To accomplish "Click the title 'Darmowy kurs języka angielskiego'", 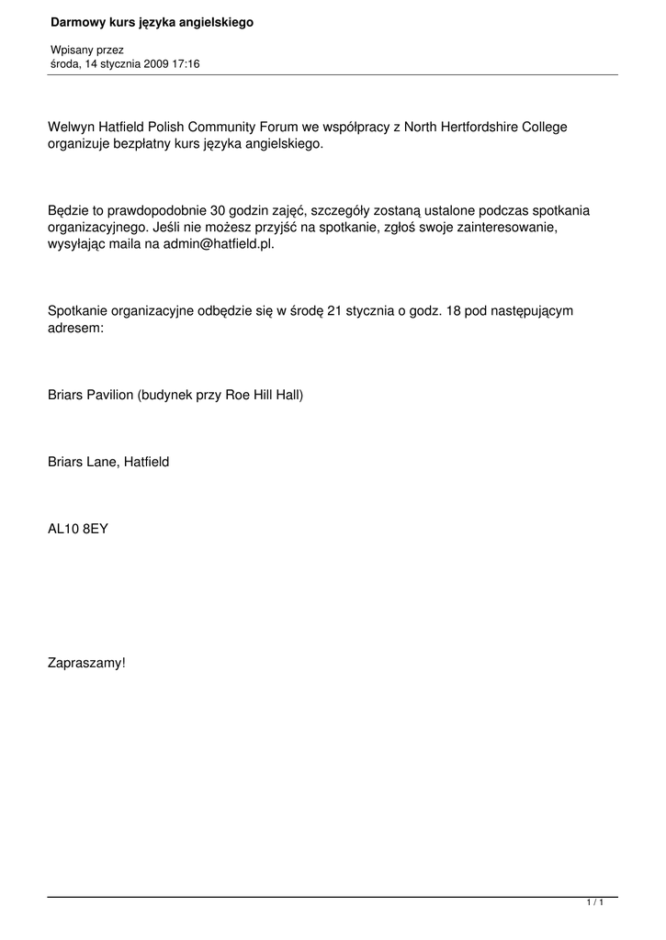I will pyautogui.click(x=152, y=22).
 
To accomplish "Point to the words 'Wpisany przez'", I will pyautogui.click(x=87, y=50).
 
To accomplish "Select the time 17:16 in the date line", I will pyautogui.click(x=185, y=64).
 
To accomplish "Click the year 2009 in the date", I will pyautogui.click(x=155, y=64).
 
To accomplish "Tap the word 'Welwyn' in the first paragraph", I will pyautogui.click(x=70, y=127).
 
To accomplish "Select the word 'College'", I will pyautogui.click(x=545, y=127).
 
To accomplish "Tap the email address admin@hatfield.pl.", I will pyautogui.click(x=219, y=245).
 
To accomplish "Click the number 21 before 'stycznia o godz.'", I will pyautogui.click(x=334, y=310).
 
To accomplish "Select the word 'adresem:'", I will pyautogui.click(x=75, y=328).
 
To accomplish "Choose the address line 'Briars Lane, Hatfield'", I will pyautogui.click(x=108, y=462).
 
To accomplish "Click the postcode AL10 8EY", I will pyautogui.click(x=78, y=529).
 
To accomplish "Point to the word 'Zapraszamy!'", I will pyautogui.click(x=86, y=662).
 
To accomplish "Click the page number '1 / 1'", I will pyautogui.click(x=595, y=903).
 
